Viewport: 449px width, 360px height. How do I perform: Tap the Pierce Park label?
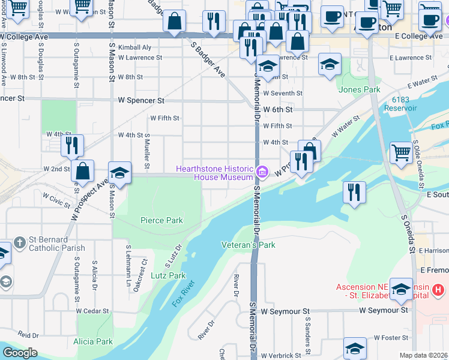161,220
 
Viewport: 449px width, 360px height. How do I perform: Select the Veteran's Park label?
248,245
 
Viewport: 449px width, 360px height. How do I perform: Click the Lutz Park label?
169,275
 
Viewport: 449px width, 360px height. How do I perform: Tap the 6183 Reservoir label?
404,103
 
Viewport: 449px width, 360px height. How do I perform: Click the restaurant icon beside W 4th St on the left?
71,145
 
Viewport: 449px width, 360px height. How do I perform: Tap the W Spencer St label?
141,100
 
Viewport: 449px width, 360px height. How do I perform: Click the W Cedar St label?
92,311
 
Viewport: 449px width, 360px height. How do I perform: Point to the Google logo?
20,353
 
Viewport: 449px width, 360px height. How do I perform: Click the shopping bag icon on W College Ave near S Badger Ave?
174,22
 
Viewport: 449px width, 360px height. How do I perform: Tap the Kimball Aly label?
134,47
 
